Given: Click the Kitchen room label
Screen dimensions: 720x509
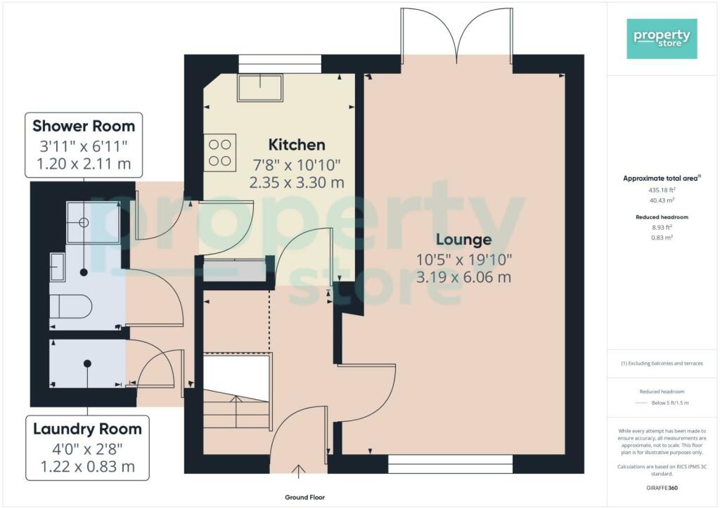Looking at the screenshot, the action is (297, 145).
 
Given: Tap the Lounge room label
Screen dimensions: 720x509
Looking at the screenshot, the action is (463, 239).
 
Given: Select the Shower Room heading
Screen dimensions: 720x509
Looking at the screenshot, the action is (84, 126).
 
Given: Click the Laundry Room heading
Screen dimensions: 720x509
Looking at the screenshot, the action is (87, 429).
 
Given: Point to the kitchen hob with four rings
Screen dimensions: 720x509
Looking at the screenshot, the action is (220, 152).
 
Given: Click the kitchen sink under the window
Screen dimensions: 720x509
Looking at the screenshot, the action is (260, 87).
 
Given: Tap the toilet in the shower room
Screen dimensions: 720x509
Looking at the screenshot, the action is (71, 306).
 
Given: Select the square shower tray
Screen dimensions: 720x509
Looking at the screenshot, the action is (93, 222).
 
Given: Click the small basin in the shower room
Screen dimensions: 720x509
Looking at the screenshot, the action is (58, 266).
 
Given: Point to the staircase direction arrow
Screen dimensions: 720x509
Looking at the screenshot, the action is (236, 411).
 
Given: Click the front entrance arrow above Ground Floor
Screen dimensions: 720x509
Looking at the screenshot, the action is (298, 471).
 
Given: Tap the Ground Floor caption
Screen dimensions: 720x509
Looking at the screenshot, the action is (304, 497).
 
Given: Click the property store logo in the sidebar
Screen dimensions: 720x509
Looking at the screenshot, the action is (662, 39).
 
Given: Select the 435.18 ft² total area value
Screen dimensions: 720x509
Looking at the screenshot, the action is (662, 190).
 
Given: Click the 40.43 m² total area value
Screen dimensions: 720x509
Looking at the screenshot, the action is (662, 200).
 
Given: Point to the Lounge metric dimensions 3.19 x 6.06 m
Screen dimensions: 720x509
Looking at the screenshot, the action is (463, 277).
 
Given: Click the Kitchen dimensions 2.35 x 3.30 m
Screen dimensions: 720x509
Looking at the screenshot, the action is (297, 183).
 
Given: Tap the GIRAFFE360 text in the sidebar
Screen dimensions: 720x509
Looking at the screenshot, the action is (662, 488).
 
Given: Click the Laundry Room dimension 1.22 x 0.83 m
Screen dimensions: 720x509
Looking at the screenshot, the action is (87, 467).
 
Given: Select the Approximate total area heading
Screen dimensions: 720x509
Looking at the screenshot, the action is (662, 178).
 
